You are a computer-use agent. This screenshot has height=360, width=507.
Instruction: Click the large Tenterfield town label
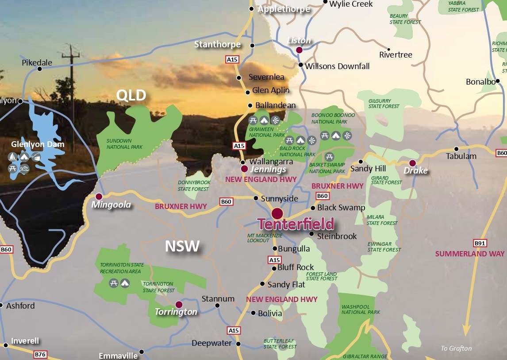click(296, 224)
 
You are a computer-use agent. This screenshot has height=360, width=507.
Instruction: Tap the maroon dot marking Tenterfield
click(277, 213)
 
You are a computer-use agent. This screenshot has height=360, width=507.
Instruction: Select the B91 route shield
click(480, 243)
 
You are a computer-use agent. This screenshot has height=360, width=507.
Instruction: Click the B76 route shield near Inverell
click(40, 355)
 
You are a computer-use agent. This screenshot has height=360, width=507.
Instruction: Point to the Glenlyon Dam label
click(38, 144)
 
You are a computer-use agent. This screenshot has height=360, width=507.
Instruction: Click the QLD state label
click(131, 95)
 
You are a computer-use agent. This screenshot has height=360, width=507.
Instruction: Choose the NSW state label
click(182, 246)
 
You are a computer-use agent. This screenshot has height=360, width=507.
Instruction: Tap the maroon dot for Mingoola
click(99, 196)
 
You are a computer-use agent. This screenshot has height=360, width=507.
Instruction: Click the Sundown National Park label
click(125, 144)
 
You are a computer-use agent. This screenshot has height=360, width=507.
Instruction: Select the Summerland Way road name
click(469, 254)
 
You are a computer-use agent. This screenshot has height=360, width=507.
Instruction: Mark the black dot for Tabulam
click(456, 149)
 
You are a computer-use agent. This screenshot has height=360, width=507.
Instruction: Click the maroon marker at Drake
click(412, 163)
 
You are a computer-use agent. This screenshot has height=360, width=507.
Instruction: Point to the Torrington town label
click(176, 312)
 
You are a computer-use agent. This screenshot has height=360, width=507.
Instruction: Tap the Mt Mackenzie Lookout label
click(258, 238)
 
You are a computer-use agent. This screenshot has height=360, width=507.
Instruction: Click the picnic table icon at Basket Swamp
click(329, 156)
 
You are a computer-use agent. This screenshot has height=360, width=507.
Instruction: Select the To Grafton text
click(456, 348)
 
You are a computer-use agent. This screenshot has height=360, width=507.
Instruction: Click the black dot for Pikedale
click(40, 69)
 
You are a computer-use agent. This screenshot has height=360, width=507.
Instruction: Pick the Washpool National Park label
click(361, 309)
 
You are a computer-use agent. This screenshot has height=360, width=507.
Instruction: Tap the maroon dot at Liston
click(299, 50)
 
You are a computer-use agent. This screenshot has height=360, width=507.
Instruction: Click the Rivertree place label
click(396, 55)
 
